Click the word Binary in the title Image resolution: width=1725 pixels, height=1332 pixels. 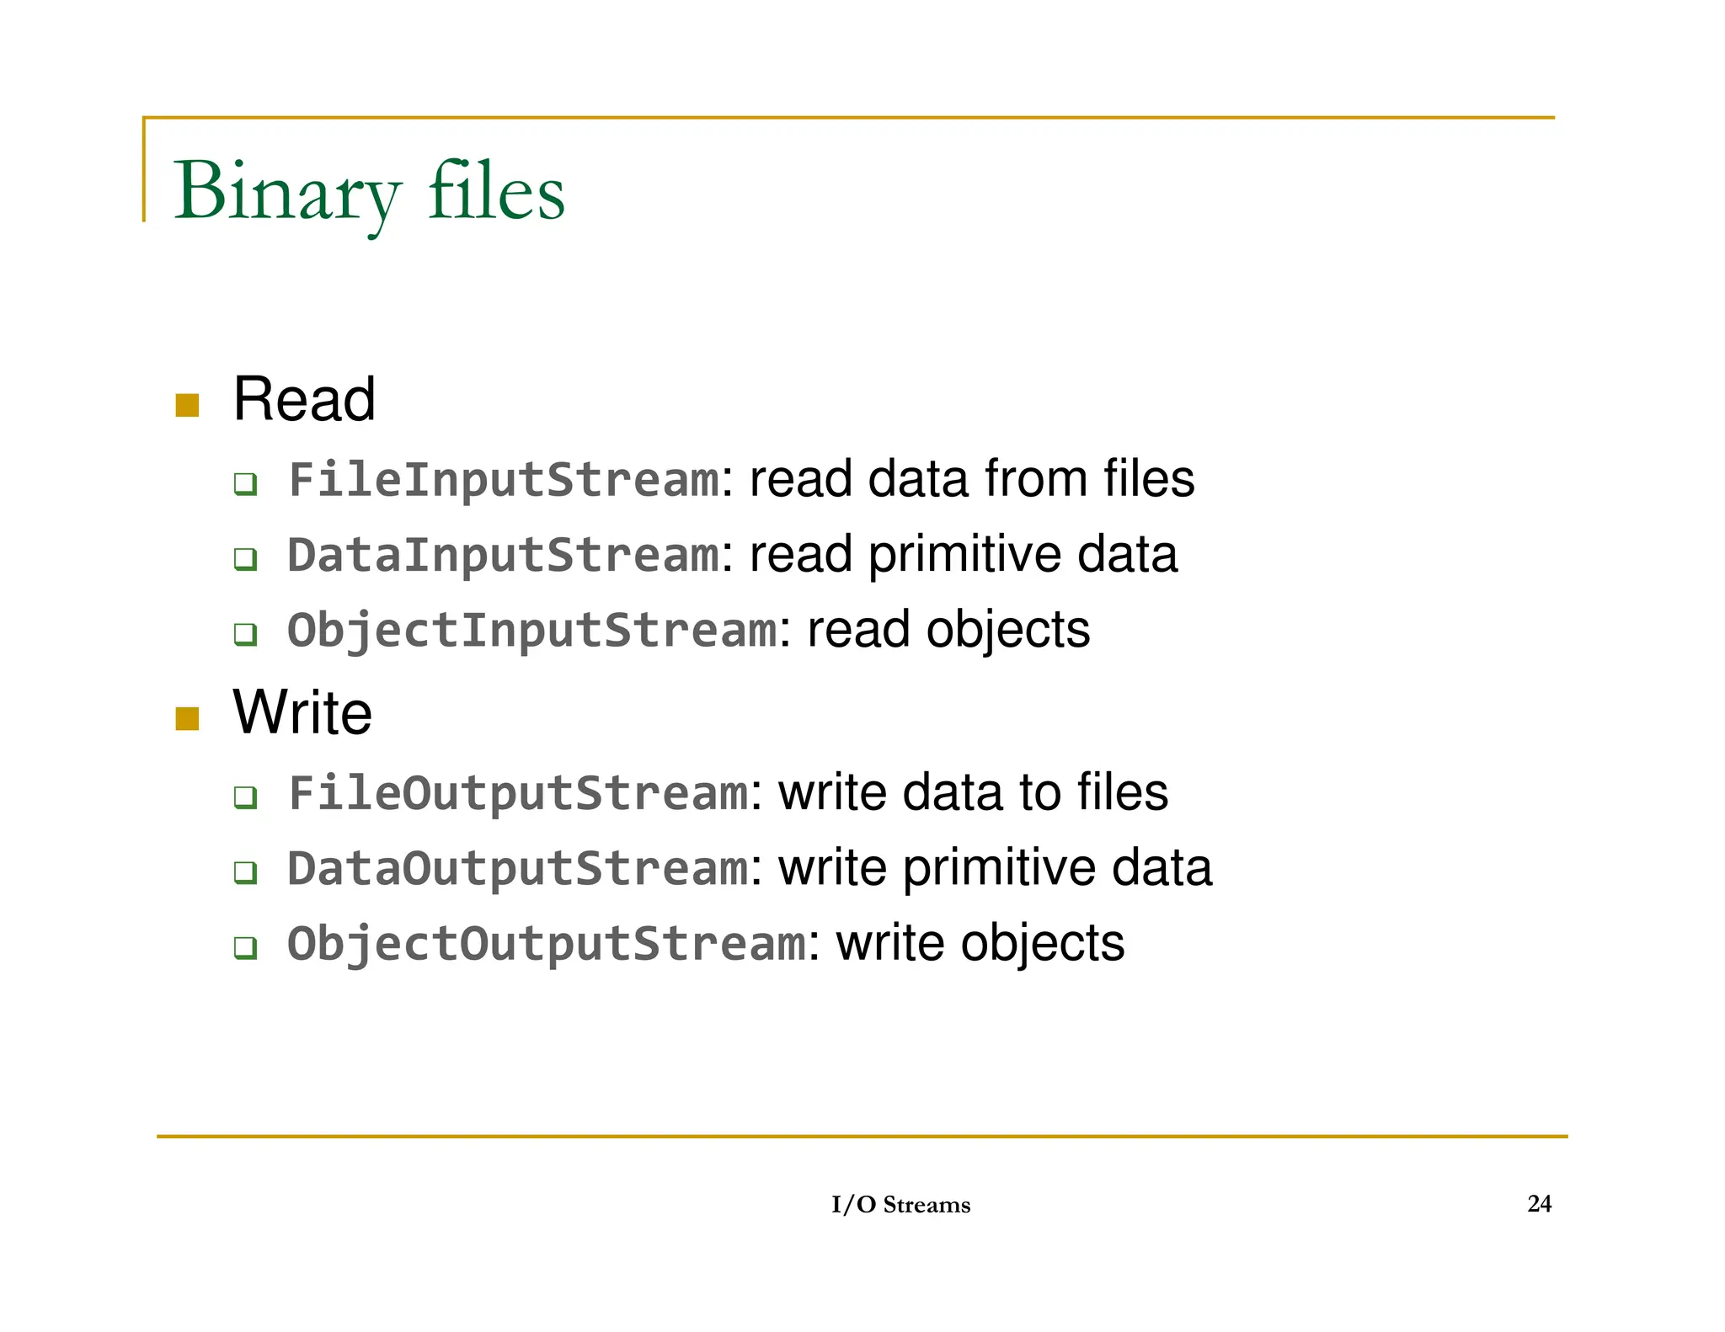286,192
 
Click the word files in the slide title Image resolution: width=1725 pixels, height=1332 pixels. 496,192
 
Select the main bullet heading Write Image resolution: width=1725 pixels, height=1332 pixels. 302,712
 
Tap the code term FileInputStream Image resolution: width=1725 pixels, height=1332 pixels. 504,479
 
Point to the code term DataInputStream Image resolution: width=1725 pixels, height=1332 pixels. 504,555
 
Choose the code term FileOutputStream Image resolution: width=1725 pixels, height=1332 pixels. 518,792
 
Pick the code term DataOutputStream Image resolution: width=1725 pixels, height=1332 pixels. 518,868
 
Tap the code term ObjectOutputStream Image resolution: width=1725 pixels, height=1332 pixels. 547,943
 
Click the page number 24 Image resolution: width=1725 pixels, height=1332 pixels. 1539,1204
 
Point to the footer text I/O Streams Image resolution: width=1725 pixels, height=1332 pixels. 900,1205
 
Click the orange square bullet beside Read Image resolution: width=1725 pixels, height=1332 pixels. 187,405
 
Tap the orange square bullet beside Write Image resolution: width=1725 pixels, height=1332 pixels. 187,718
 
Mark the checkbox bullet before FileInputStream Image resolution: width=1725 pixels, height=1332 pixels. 245,484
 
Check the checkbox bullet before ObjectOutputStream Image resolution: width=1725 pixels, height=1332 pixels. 245,948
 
